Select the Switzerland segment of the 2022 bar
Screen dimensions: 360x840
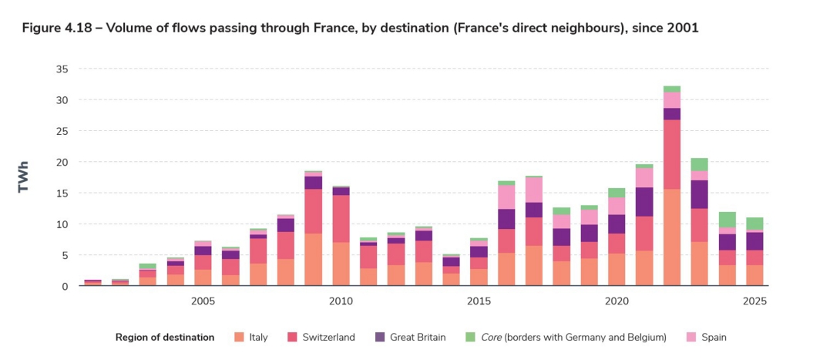(x=671, y=154)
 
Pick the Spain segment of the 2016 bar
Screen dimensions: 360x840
(x=506, y=197)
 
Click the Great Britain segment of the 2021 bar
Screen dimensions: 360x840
(x=643, y=202)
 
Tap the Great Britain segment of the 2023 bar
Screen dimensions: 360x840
(x=699, y=194)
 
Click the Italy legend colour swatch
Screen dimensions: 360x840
(x=240, y=337)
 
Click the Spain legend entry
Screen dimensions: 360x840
(x=714, y=337)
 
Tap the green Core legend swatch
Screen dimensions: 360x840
(x=470, y=337)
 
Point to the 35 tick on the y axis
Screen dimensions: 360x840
(x=62, y=69)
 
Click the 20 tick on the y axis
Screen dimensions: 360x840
(x=62, y=162)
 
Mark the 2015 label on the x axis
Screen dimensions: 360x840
(x=479, y=300)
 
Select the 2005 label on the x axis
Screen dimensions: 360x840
(x=203, y=300)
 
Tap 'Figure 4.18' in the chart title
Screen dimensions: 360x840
(x=55, y=28)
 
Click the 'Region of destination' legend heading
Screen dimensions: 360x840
(x=165, y=337)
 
